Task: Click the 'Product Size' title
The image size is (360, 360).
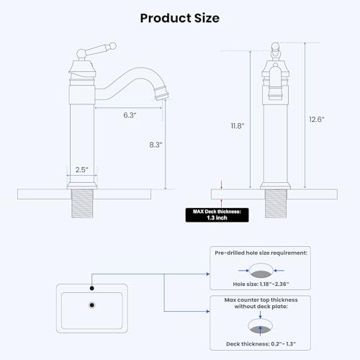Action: [179, 17]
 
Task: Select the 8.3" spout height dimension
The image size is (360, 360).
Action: [156, 144]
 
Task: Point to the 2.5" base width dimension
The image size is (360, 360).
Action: [82, 170]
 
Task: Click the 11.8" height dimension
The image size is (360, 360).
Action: [238, 125]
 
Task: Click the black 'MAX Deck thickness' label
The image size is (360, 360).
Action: [216, 214]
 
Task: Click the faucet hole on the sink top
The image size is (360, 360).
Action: [91, 289]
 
